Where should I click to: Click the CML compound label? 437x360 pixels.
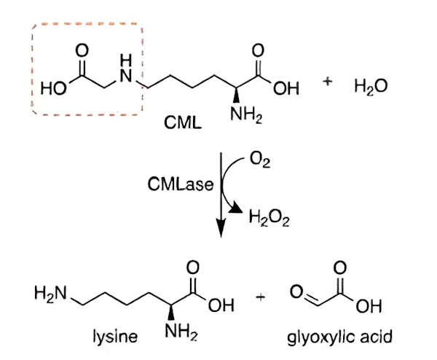[x=183, y=122]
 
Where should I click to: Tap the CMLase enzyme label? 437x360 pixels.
[x=181, y=184]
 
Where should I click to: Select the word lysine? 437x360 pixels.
[x=115, y=336]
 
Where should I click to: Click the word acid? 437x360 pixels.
[x=377, y=336]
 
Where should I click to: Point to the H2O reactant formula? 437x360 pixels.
[x=371, y=86]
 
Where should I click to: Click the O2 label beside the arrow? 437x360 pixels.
[x=260, y=160]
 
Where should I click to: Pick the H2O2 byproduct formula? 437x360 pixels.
[x=269, y=219]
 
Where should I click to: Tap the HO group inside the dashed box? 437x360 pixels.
[x=53, y=89]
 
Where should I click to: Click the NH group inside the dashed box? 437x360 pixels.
[x=126, y=69]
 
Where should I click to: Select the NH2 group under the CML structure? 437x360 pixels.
[x=246, y=115]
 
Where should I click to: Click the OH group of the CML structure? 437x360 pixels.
[x=286, y=88]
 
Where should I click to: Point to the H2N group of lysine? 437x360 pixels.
[x=50, y=294]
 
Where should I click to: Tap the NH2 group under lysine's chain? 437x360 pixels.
[x=181, y=332]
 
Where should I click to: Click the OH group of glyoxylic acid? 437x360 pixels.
[x=369, y=306]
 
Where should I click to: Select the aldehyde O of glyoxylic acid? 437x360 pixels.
[x=296, y=291]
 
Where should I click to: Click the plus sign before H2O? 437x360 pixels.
[x=328, y=82]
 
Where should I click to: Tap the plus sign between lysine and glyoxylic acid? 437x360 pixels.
[x=261, y=298]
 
